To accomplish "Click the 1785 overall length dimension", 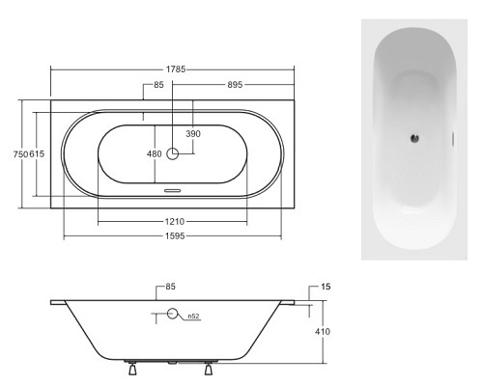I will [175, 69].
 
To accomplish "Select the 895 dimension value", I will [228, 86].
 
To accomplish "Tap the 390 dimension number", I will [193, 133].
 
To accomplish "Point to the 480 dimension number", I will [154, 152].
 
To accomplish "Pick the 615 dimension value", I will [35, 154].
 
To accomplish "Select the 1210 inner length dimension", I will [175, 221].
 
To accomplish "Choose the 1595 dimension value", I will [175, 235].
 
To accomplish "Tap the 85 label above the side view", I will [170, 286].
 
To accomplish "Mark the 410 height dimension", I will [323, 332].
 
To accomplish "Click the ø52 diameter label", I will [193, 316].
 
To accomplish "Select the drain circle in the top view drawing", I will [174, 152].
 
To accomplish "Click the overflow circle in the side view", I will [174, 314].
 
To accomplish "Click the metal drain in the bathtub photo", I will [416, 138].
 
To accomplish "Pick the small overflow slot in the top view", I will [174, 190].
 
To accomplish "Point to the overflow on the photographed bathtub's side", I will [458, 137].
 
